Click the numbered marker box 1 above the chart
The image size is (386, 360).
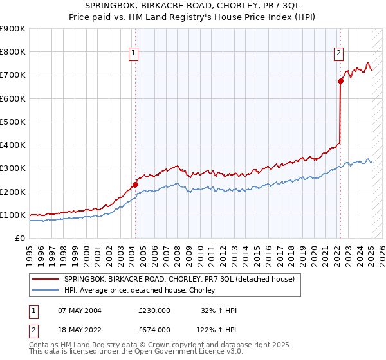133,54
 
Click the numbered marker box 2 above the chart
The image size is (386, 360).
338,54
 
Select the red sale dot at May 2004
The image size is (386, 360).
135,184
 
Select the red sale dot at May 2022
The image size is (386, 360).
340,81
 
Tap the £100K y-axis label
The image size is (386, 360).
14,215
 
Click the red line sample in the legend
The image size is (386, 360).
46,279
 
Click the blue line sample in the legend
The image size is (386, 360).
46,290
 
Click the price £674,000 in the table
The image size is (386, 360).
154,330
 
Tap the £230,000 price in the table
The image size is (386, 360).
154,310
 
